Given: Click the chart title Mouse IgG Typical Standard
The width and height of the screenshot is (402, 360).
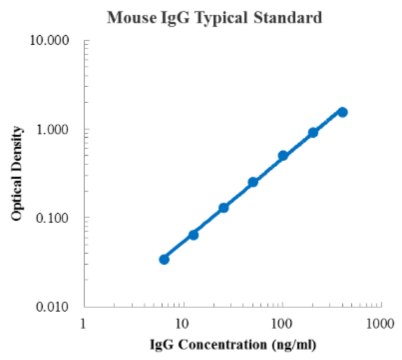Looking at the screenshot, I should pos(214,18).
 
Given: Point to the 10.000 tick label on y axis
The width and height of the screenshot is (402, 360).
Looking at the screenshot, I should pos(51,41).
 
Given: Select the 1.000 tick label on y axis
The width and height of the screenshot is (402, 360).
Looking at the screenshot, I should pos(54,129).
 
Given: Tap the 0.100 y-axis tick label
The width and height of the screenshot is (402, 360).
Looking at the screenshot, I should pos(54,218).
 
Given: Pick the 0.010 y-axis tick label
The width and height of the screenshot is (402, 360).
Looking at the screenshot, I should pos(54,307).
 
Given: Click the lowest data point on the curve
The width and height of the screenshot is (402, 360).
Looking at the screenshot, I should pos(164,259).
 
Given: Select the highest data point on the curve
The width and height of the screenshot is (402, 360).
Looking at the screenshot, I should pos(342,112).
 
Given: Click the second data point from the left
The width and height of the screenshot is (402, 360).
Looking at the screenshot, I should pos(194,235).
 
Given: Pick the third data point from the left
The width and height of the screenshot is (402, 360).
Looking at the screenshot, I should pos(224,208).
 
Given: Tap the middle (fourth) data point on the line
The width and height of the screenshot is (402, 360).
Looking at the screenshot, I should pos(253,182).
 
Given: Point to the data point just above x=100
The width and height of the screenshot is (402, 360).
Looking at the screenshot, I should pos(283,156).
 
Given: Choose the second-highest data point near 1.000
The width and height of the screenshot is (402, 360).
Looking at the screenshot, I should pos(313,132).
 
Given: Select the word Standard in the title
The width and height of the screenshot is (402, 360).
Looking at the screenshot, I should pos(290,18).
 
